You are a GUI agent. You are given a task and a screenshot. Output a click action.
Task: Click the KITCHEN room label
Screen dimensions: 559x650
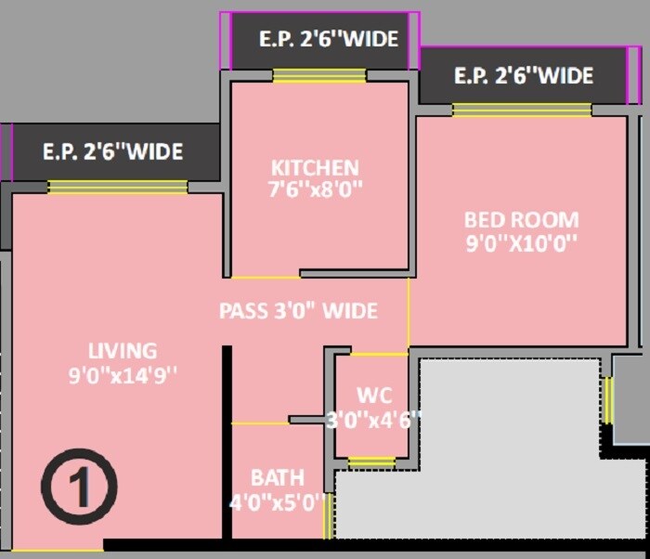(x=315, y=168)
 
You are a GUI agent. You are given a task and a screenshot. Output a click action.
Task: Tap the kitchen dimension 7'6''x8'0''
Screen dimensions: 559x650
(x=315, y=188)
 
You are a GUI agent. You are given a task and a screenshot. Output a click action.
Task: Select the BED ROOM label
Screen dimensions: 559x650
(x=521, y=221)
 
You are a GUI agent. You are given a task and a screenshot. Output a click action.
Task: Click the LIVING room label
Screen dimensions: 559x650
(x=123, y=351)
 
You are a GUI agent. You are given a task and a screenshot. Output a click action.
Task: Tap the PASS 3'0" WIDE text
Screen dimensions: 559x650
(x=298, y=311)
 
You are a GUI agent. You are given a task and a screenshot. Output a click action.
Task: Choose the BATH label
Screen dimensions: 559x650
(x=277, y=478)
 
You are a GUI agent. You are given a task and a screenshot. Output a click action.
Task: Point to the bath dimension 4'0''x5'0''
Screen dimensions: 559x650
(x=277, y=503)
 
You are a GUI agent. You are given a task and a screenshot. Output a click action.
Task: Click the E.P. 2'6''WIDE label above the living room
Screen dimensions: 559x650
(x=113, y=151)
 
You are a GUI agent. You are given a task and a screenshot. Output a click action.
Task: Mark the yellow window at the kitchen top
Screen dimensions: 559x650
(x=318, y=76)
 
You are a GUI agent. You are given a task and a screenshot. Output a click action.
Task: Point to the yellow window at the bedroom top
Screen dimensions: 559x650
(x=521, y=110)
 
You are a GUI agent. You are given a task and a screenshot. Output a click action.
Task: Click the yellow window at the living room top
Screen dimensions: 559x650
(x=118, y=187)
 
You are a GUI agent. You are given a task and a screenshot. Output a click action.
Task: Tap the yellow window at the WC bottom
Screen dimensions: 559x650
(x=370, y=461)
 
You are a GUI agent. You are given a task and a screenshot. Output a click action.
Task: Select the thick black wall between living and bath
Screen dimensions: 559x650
(x=226, y=442)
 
